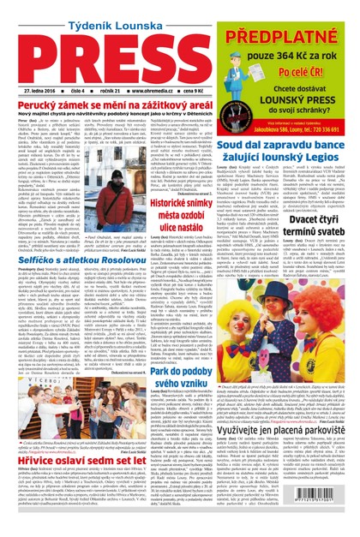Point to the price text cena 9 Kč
click(x=199, y=89)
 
